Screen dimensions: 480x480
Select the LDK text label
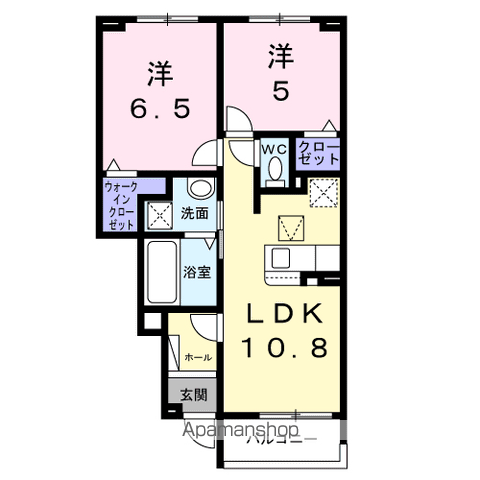[286, 315]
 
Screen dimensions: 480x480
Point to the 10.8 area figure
[286, 350]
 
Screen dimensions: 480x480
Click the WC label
[275, 149]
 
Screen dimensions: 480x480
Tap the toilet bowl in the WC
[274, 173]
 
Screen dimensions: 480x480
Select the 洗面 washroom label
[195, 212]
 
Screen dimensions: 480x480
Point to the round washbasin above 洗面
[199, 188]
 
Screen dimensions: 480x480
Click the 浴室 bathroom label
[195, 271]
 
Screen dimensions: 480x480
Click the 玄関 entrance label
[194, 394]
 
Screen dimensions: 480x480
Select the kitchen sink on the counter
[280, 258]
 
